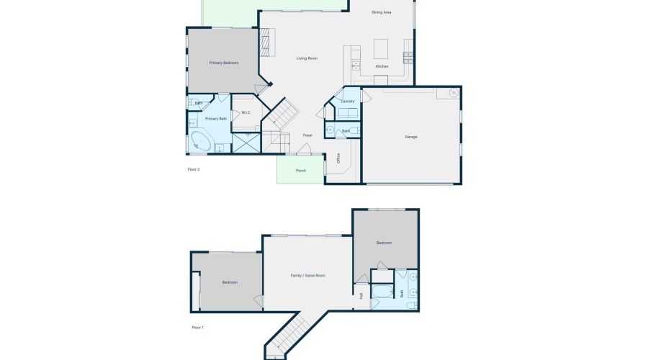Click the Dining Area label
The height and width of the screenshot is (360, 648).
coord(381,12)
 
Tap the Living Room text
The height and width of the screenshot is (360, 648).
coord(307,58)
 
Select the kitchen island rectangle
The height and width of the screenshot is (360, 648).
coord(381,48)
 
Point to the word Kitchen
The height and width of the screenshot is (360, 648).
coord(382,66)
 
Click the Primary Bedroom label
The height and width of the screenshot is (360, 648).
coord(224,63)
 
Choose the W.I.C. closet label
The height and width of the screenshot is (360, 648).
coord(246,112)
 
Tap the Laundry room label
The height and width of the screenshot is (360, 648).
coord(348,102)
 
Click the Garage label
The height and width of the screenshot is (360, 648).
coord(411,137)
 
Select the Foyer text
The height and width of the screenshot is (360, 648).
coord(307,135)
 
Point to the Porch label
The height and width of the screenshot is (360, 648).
coord(301,171)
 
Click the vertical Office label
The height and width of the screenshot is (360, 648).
coord(338,159)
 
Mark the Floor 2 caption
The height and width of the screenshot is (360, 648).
coord(194,169)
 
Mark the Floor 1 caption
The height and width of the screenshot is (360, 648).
coord(198,328)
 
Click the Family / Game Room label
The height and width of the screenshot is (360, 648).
coord(308,276)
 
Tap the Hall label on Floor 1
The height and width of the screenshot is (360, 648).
coord(361,295)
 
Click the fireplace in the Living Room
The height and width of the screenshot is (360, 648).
coord(267,42)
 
